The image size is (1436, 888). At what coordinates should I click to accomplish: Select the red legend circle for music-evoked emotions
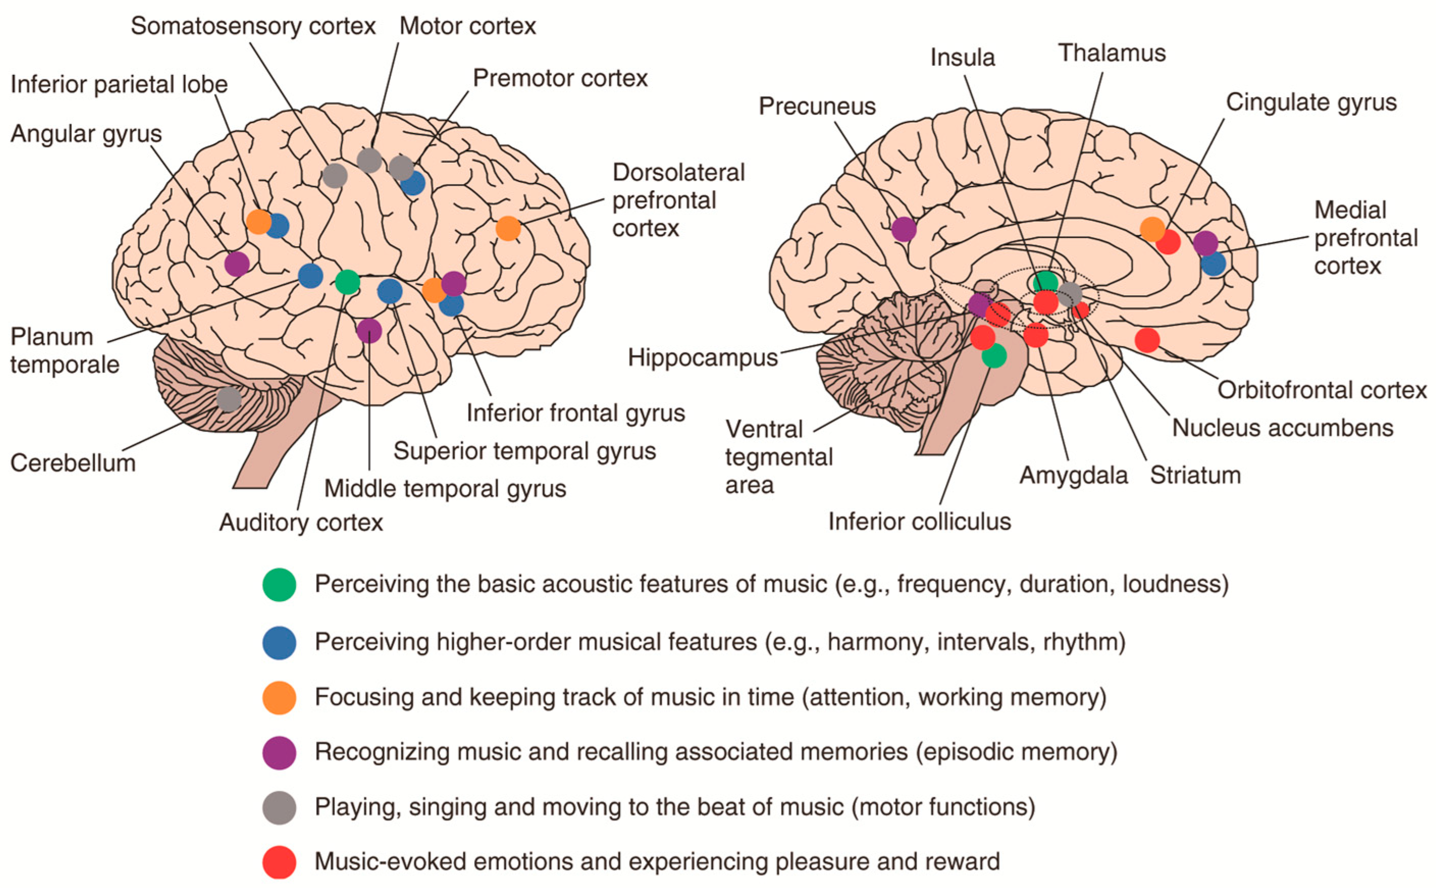pos(279,861)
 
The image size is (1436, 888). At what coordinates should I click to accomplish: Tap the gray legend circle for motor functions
pos(279,807)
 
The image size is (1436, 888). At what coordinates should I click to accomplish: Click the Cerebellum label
pos(73,463)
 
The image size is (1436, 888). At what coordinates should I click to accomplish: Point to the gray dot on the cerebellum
pos(228,399)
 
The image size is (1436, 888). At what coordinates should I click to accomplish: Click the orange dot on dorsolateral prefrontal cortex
pos(508,228)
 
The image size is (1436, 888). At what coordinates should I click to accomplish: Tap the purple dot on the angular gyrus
pos(237,264)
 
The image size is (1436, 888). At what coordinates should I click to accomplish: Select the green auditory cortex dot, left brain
pos(347,282)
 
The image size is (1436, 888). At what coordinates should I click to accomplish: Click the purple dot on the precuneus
pos(903,229)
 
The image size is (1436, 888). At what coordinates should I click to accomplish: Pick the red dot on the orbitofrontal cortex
pos(1147,340)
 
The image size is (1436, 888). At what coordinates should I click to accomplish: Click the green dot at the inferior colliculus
pos(994,355)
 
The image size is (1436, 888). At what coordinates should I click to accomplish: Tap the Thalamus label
pos(1111,54)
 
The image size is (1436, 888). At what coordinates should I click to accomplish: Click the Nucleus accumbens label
pos(1282,428)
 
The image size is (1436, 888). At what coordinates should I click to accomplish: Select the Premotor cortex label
pos(560,78)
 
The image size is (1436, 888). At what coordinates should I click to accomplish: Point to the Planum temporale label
pos(65,351)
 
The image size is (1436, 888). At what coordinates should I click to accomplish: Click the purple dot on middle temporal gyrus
pos(369,331)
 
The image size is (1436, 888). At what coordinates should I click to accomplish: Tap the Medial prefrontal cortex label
pos(1366,238)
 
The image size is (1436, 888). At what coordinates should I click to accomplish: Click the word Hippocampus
pos(702,357)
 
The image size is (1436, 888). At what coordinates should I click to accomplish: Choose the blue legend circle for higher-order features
pos(279,642)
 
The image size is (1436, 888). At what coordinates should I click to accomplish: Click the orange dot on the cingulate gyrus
pos(1152,229)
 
